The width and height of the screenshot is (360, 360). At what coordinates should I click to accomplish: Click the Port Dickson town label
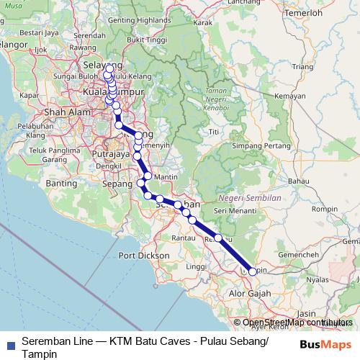click(x=139, y=256)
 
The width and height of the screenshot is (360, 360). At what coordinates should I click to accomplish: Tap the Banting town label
click(x=61, y=184)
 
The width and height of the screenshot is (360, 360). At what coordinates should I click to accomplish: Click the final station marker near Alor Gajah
click(x=252, y=271)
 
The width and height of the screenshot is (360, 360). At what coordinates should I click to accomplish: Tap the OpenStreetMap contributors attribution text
click(x=292, y=323)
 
